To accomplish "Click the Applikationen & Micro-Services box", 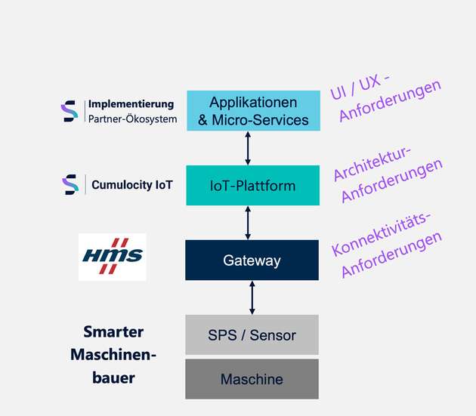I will coord(253,110).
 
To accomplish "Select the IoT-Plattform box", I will coord(253,185).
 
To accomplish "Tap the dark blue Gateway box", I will coord(252,260).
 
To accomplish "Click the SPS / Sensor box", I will coord(252,334).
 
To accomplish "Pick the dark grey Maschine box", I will coord(252,379).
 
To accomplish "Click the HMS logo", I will coord(112,257).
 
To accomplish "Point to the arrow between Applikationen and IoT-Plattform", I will coord(249,148).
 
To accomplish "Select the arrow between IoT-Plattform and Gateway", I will coord(249,223).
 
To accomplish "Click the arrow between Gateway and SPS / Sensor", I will coord(252,297).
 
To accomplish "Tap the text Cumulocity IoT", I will coord(131,183).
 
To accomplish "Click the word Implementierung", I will coord(131,104).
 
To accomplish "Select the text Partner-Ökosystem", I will coord(132,119).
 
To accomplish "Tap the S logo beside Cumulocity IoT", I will coord(70,183).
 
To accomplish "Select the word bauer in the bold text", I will coord(113,377).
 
